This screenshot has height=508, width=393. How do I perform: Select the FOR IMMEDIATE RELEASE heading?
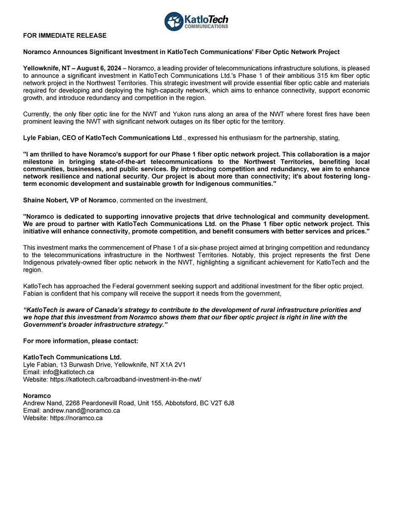point(64,36)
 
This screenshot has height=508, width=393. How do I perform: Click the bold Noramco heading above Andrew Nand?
point(37,395)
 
